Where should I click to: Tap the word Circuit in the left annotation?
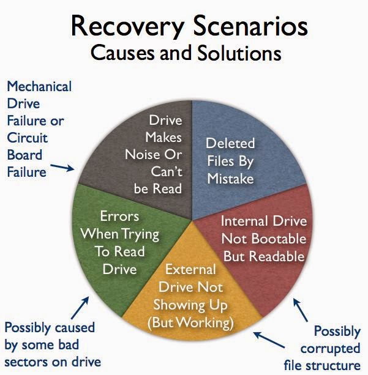(28, 138)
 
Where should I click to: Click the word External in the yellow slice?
(190, 270)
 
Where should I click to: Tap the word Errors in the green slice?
(119, 217)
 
